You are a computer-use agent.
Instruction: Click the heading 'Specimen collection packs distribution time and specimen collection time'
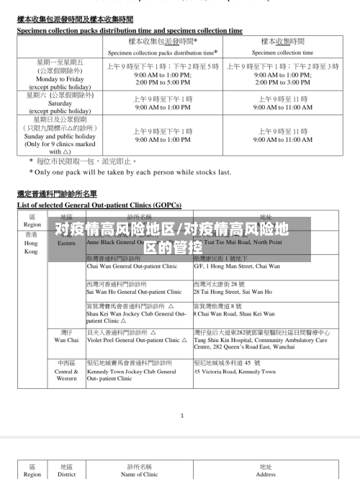tap(130, 31)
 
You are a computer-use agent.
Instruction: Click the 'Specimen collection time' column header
tap(282, 53)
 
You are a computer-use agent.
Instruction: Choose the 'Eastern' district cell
tap(66, 243)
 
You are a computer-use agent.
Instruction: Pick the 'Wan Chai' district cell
tap(66, 339)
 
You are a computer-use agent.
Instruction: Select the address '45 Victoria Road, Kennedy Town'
tap(235, 372)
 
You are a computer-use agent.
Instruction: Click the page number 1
tap(181, 415)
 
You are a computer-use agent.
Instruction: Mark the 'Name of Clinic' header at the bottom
tap(140, 475)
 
